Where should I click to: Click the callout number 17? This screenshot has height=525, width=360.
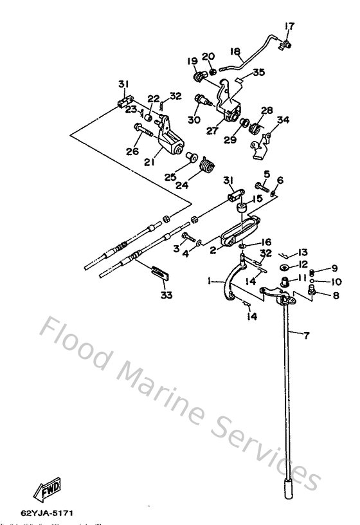click(289, 26)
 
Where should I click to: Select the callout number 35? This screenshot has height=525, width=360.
click(258, 73)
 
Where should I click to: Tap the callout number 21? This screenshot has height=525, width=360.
click(149, 145)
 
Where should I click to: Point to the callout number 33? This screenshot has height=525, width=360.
click(167, 295)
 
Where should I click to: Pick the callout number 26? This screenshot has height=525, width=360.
click(133, 152)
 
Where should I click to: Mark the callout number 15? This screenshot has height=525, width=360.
click(256, 200)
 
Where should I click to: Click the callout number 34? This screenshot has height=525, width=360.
click(282, 120)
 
